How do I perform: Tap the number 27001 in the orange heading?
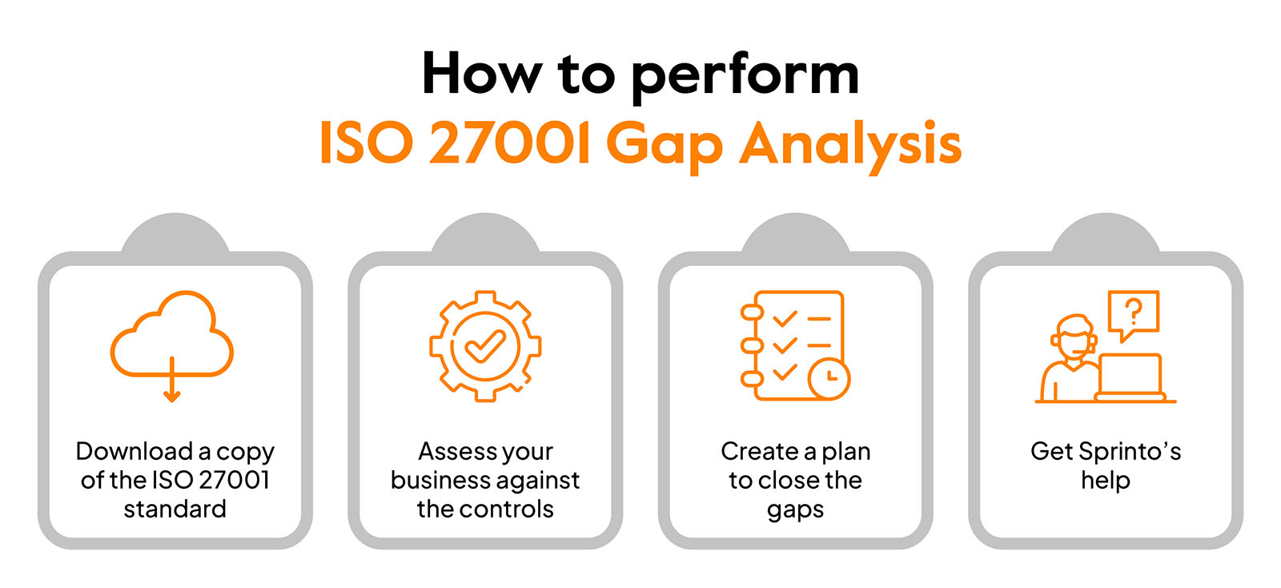click(510, 143)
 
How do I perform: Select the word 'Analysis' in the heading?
click(850, 147)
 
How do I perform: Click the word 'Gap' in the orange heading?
click(665, 147)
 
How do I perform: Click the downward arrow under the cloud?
click(172, 379)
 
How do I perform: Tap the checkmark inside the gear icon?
click(485, 347)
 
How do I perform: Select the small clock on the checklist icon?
click(829, 378)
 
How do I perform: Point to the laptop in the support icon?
click(1130, 377)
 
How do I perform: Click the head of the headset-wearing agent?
click(1074, 338)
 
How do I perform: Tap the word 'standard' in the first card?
click(175, 509)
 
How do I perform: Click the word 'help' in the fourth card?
click(1106, 481)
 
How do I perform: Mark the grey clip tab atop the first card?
click(175, 235)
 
